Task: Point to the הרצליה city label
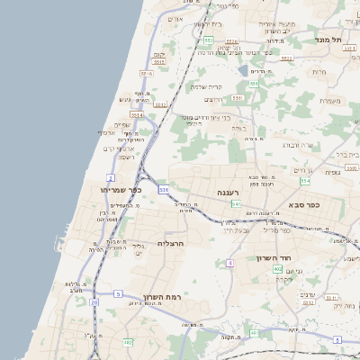(171, 243)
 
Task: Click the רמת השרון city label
(162, 296)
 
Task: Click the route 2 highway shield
(110, 177)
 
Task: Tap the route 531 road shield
(163, 190)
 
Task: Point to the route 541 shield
(236, 204)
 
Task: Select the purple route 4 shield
(230, 263)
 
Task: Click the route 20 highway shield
(94, 303)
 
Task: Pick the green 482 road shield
(128, 342)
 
